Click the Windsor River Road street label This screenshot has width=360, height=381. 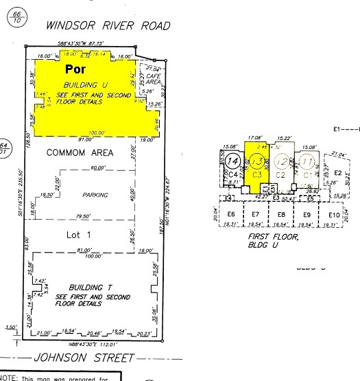108,25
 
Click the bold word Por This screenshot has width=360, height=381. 75,69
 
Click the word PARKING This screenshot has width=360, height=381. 95,195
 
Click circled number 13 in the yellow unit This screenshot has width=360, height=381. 256,162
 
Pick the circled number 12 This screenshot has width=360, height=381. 280,162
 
